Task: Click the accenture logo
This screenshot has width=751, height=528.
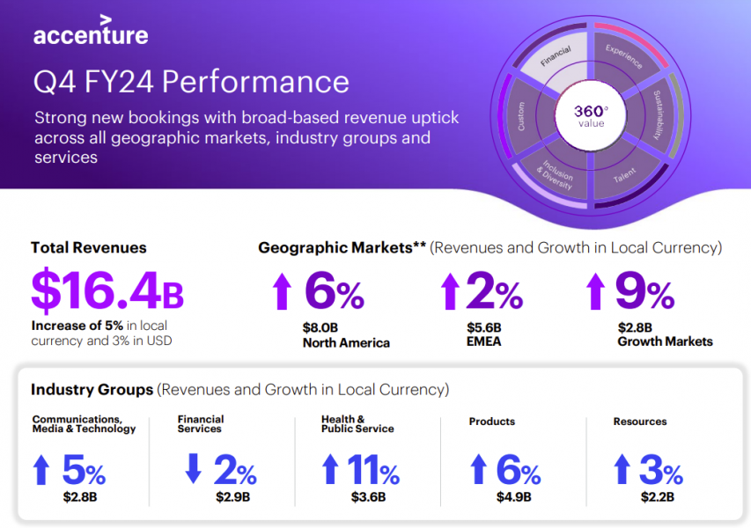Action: [x=91, y=33]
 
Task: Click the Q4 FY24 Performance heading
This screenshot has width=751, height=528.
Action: [x=191, y=82]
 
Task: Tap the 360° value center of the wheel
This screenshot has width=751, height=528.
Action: [x=591, y=116]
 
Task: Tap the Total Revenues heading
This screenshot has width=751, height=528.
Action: [x=89, y=248]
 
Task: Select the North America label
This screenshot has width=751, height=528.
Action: [x=346, y=342]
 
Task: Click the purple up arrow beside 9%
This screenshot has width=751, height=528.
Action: [x=596, y=290]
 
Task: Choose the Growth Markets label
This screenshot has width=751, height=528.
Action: [x=666, y=341]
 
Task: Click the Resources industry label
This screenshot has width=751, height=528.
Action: [x=640, y=422]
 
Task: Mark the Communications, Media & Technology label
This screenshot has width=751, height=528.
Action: [x=84, y=424]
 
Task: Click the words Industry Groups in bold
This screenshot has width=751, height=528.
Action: [x=92, y=389]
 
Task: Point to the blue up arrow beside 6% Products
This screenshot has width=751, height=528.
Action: [x=478, y=469]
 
